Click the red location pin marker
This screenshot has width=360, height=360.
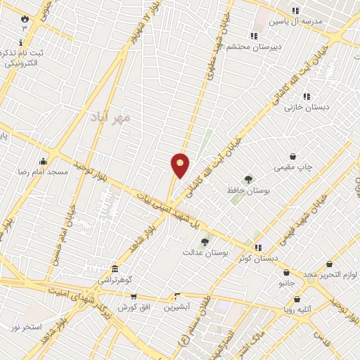tap(181, 165)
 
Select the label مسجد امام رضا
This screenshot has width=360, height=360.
tap(44, 172)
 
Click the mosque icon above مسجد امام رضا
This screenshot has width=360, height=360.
tap(44, 161)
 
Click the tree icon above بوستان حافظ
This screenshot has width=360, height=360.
tap(247, 179)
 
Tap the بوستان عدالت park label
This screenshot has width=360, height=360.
tap(206, 252)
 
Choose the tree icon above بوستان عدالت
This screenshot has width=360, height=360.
tap(205, 241)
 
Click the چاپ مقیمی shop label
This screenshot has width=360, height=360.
tap(293, 167)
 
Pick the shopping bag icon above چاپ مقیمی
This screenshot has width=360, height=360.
tap(293, 156)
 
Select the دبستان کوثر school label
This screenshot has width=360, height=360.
tap(253, 259)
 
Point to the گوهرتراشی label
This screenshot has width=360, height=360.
tap(114, 280)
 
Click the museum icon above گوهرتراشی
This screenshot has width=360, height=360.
tap(114, 269)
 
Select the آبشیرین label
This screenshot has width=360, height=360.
tap(179, 307)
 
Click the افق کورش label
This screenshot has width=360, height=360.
tap(131, 307)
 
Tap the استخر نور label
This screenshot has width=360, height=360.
tap(25, 328)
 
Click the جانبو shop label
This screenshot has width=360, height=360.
tap(286, 283)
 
